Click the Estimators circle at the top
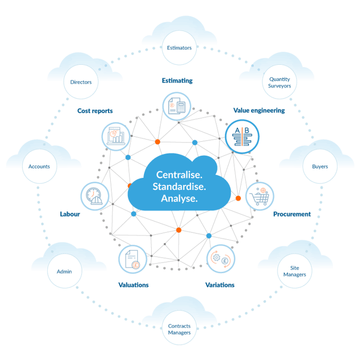[x=179, y=48]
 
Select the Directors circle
[x=81, y=83]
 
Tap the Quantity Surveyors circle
[x=279, y=83]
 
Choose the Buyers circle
[x=320, y=166]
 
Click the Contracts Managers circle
[x=179, y=330]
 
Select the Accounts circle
[x=39, y=166]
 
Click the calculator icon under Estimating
[x=177, y=106]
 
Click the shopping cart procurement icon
[x=259, y=196]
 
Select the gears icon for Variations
[x=220, y=259]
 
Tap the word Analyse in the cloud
[x=178, y=198]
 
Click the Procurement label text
[x=291, y=214]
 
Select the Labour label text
[x=70, y=214]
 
